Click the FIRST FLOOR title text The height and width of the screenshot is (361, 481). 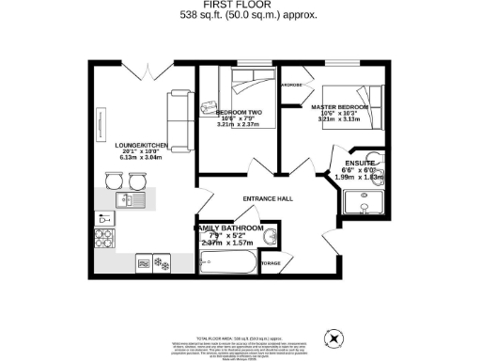point(240,5)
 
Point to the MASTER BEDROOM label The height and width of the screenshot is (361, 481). point(340,108)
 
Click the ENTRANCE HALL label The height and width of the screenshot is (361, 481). point(269,198)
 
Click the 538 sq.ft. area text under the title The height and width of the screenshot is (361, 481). point(240,16)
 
